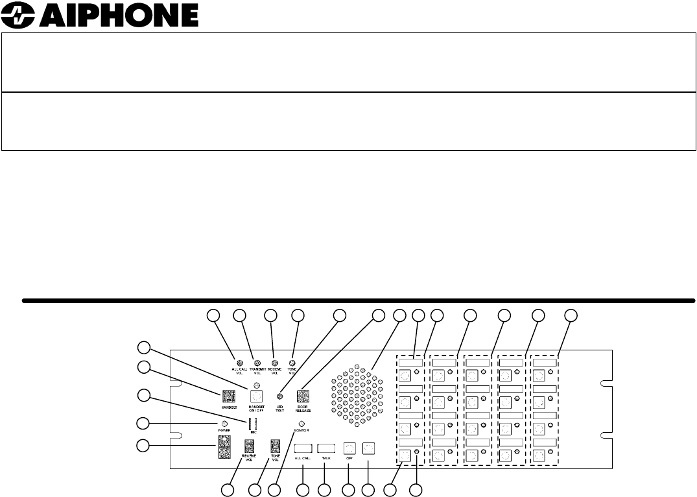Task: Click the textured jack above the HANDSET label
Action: (228, 396)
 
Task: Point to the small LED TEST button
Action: (280, 396)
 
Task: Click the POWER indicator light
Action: (224, 424)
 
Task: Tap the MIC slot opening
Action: (254, 425)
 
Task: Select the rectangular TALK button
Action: (326, 448)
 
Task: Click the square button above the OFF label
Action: (349, 448)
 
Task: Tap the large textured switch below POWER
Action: (224, 446)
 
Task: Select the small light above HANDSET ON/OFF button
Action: (257, 385)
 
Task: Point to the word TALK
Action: (326, 459)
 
